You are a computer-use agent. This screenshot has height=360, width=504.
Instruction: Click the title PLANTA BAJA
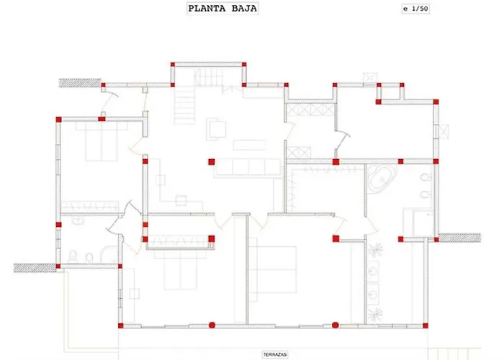pyautogui.click(x=222, y=9)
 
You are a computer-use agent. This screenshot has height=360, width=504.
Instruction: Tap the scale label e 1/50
pyautogui.click(x=415, y=9)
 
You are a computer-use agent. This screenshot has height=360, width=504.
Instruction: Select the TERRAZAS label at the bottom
pyautogui.click(x=275, y=354)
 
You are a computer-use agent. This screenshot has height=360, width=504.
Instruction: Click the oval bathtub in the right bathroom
pyautogui.click(x=381, y=178)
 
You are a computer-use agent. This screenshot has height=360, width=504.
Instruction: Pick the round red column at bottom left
pyautogui.click(x=212, y=325)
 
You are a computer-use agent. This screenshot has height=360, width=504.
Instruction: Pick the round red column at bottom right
pyautogui.click(x=336, y=325)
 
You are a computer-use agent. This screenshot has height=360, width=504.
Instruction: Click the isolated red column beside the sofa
pyautogui.click(x=211, y=162)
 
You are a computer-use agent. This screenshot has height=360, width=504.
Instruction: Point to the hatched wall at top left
pyautogui.click(x=80, y=83)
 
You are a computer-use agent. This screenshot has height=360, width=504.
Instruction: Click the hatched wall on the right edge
pyautogui.click(x=459, y=238)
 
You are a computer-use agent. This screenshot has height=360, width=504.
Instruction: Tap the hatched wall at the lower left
pyautogui.click(x=35, y=268)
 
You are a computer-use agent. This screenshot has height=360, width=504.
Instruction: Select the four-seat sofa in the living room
pyautogui.click(x=248, y=167)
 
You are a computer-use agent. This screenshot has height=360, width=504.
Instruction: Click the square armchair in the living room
pyautogui.click(x=216, y=129)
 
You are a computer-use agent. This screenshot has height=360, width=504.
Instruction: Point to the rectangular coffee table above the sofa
pyautogui.click(x=249, y=145)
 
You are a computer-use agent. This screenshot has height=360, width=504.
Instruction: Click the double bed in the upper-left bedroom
pyautogui.click(x=102, y=141)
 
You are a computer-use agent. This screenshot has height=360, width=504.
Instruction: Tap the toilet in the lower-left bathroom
pyautogui.click(x=73, y=257)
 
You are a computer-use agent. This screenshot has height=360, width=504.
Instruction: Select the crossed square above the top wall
pyautogui.click(x=370, y=78)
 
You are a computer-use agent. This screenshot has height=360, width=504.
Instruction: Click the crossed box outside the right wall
pyautogui.click(x=444, y=131)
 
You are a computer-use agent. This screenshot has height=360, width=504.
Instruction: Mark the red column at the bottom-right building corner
pyautogui.click(x=426, y=325)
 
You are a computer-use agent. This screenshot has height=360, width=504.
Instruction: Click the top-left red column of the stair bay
pyautogui.click(x=173, y=64)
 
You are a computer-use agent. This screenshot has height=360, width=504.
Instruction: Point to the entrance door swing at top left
pyautogui.click(x=109, y=98)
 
